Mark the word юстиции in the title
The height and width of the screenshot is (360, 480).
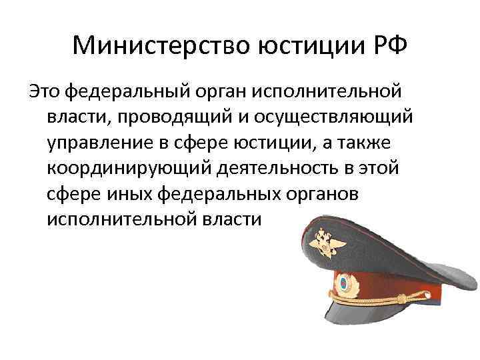click(x=303, y=46)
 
